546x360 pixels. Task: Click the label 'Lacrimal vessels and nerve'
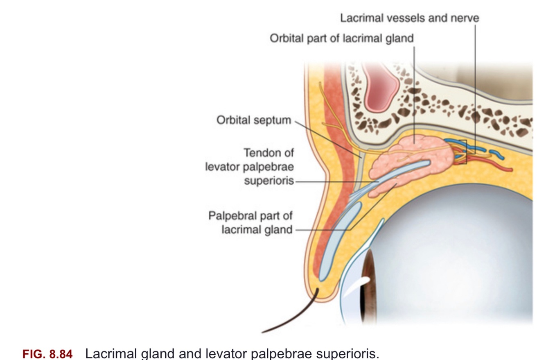tap(409, 18)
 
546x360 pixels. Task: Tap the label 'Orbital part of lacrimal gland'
tap(341, 38)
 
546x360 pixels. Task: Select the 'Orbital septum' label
tap(254, 120)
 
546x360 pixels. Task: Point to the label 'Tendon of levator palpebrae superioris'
tap(250, 167)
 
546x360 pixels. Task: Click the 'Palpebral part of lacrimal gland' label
tap(251, 222)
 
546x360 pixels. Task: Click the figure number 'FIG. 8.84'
tap(47, 353)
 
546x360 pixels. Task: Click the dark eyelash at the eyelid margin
tap(295, 315)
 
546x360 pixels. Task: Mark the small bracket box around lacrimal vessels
tap(461, 152)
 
